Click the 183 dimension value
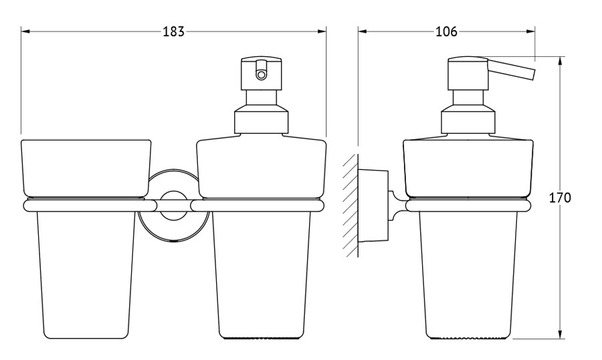point(173,31)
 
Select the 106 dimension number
point(447,31)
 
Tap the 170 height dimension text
point(560,197)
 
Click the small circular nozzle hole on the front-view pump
point(262,75)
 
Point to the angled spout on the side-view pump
point(510,70)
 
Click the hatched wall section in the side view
point(351,205)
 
